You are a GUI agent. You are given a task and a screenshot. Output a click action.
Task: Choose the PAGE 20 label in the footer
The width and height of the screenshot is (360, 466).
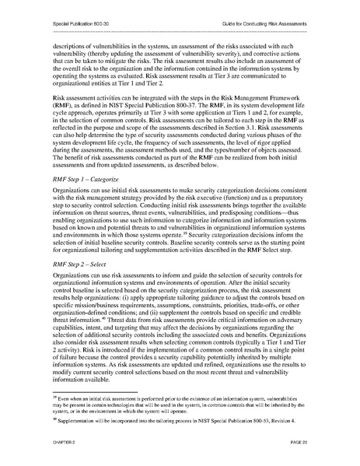coord(296,441)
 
